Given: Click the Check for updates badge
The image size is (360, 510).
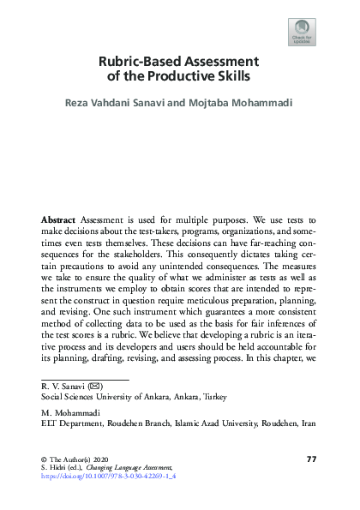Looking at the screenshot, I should coord(301,33).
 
